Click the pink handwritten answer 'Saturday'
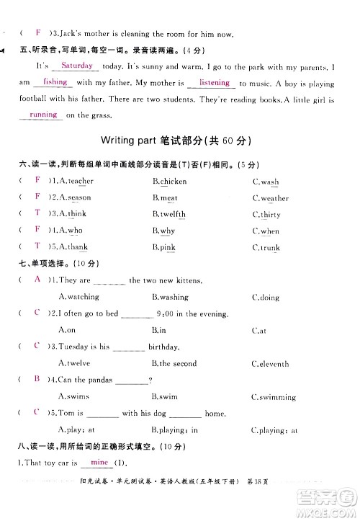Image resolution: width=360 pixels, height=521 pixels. pos(78,66)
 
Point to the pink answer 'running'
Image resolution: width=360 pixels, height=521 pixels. pos(43,115)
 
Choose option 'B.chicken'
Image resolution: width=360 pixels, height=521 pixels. pos(169,182)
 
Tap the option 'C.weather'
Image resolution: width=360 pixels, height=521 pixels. pos(270,198)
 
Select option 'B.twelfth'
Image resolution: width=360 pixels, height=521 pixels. pos(169,214)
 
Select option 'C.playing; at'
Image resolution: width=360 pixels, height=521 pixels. pos(274,430)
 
